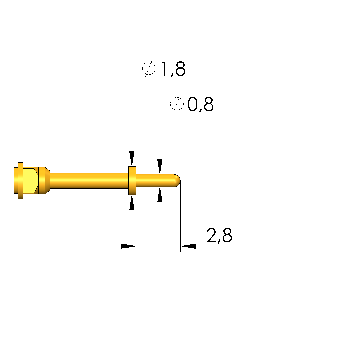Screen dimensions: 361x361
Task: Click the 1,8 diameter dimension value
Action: pos(173,69)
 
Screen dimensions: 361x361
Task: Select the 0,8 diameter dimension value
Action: pos(201,104)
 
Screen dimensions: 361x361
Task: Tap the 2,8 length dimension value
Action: pos(219,235)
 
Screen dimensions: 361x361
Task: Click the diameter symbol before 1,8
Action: pos(149,68)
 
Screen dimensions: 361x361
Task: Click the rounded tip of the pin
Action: pos(178,181)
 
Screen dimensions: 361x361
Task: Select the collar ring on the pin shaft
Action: pos(132,181)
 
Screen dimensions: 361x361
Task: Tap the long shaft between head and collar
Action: pos(89,181)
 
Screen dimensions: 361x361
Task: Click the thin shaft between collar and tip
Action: pos(156,181)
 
